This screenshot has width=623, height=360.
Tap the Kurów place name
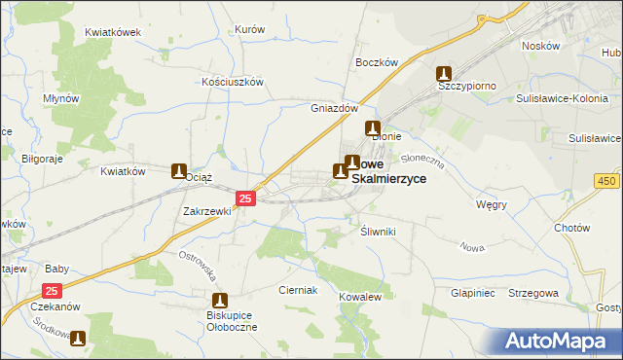pos(250,29)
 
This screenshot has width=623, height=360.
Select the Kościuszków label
pos(233,83)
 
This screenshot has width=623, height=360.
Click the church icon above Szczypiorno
pos(444,73)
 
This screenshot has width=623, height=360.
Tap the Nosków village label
pos(540,46)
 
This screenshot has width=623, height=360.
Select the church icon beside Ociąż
pos(179,171)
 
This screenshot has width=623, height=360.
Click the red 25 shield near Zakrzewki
pos(245,198)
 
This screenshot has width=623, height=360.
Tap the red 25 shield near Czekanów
pos(54,291)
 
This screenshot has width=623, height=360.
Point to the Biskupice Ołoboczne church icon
pos(219,301)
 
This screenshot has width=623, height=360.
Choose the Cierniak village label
pos(298,290)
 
